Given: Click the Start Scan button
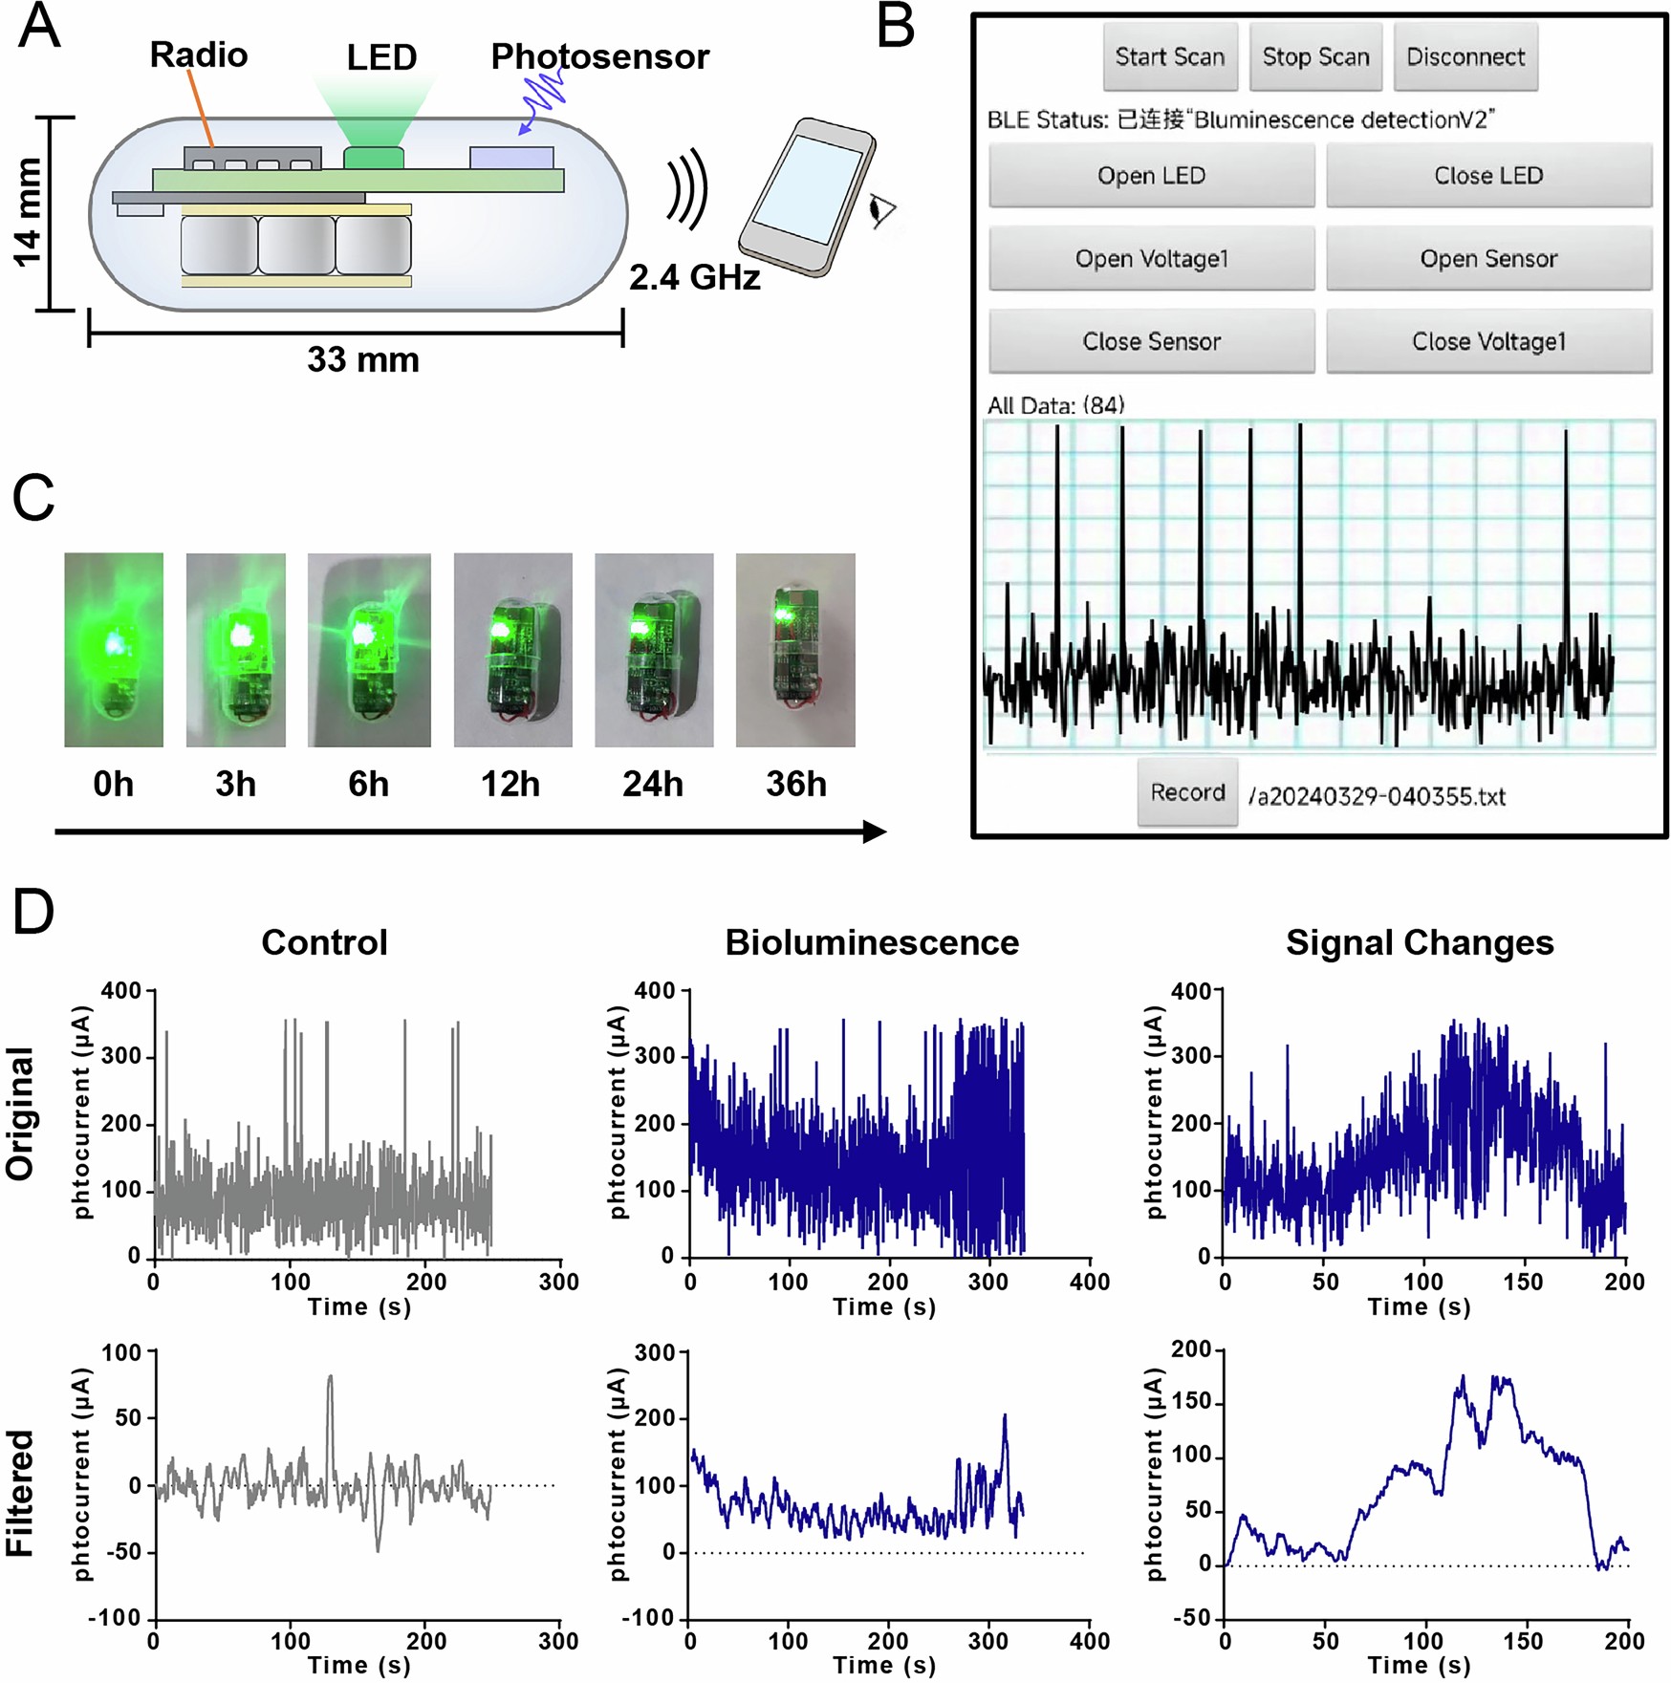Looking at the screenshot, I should pos(1169,57).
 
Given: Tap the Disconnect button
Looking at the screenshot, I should pos(1465,57).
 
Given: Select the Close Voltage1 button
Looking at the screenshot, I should pos(1487,341).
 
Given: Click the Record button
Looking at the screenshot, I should pos(1186,792).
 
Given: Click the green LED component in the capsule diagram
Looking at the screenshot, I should pos(374,158).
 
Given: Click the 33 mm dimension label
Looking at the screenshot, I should pos(362,360).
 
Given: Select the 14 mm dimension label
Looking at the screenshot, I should pos(28,212).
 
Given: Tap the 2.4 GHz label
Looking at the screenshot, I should pos(694,278).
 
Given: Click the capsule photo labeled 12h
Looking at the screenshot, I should pos(512,650).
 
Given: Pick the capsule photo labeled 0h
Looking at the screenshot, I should pos(114,650).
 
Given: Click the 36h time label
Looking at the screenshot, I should pos(795,784).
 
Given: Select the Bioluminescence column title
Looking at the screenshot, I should pos(871,942).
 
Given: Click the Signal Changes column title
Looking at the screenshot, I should pos(1419,942).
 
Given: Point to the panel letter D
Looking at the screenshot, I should pos(33,912).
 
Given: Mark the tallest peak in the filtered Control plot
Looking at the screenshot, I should pos(330,1379).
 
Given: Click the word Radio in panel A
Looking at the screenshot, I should pos(199,54).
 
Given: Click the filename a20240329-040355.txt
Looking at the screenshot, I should pos(1378,796).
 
